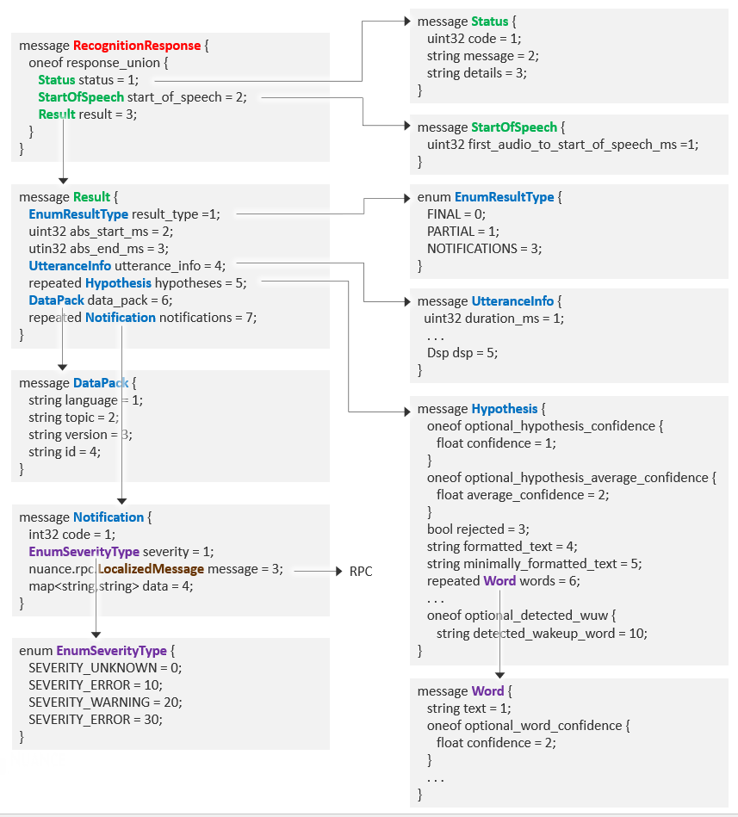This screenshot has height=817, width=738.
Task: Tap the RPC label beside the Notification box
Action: pyautogui.click(x=360, y=572)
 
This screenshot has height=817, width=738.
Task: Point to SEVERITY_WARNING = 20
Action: pyautogui.click(x=105, y=702)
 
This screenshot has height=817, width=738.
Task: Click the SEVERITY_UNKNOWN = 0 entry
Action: pyautogui.click(x=105, y=667)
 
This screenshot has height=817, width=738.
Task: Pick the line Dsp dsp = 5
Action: pyautogui.click(x=462, y=353)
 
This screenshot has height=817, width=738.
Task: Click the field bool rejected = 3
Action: pyautogui.click(x=478, y=529)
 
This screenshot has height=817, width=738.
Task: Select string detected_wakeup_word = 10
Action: pyautogui.click(x=542, y=633)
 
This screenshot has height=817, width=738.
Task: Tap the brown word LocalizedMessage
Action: pyautogui.click(x=152, y=569)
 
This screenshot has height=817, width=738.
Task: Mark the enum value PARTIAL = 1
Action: pyautogui.click(x=462, y=232)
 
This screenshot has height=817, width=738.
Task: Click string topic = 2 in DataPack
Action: pyautogui.click(x=73, y=418)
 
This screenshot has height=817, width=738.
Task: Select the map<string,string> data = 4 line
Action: pyautogui.click(x=111, y=586)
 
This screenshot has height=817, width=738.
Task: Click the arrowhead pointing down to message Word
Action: pyautogui.click(x=499, y=674)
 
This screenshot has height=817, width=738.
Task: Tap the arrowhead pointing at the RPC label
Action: pyautogui.click(x=338, y=572)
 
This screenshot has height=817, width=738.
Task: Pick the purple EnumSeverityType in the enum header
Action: pyautogui.click(x=112, y=650)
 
